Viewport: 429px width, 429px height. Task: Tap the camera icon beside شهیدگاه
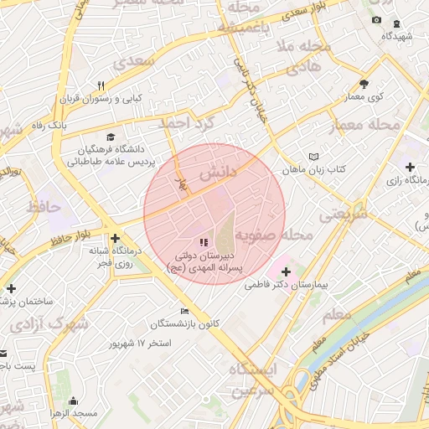[376, 20]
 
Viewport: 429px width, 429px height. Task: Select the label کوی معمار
[364, 97]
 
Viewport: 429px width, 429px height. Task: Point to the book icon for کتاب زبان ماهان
[314, 157]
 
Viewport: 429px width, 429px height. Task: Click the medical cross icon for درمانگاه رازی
[410, 167]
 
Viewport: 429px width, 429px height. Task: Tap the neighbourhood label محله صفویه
[274, 235]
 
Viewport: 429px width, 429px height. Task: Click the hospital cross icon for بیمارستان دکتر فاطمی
[287, 271]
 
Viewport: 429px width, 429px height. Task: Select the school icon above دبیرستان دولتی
[204, 242]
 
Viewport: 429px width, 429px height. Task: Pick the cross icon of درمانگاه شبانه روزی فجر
[115, 238]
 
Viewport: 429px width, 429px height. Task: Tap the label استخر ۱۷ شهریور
[141, 344]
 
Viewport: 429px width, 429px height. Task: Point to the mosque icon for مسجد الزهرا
[73, 401]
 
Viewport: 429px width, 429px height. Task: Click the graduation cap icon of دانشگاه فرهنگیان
[111, 137]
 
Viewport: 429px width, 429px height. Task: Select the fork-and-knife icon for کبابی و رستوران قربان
[101, 85]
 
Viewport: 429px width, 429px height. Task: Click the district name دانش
[217, 173]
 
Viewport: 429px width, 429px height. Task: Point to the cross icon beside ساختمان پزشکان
[11, 288]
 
